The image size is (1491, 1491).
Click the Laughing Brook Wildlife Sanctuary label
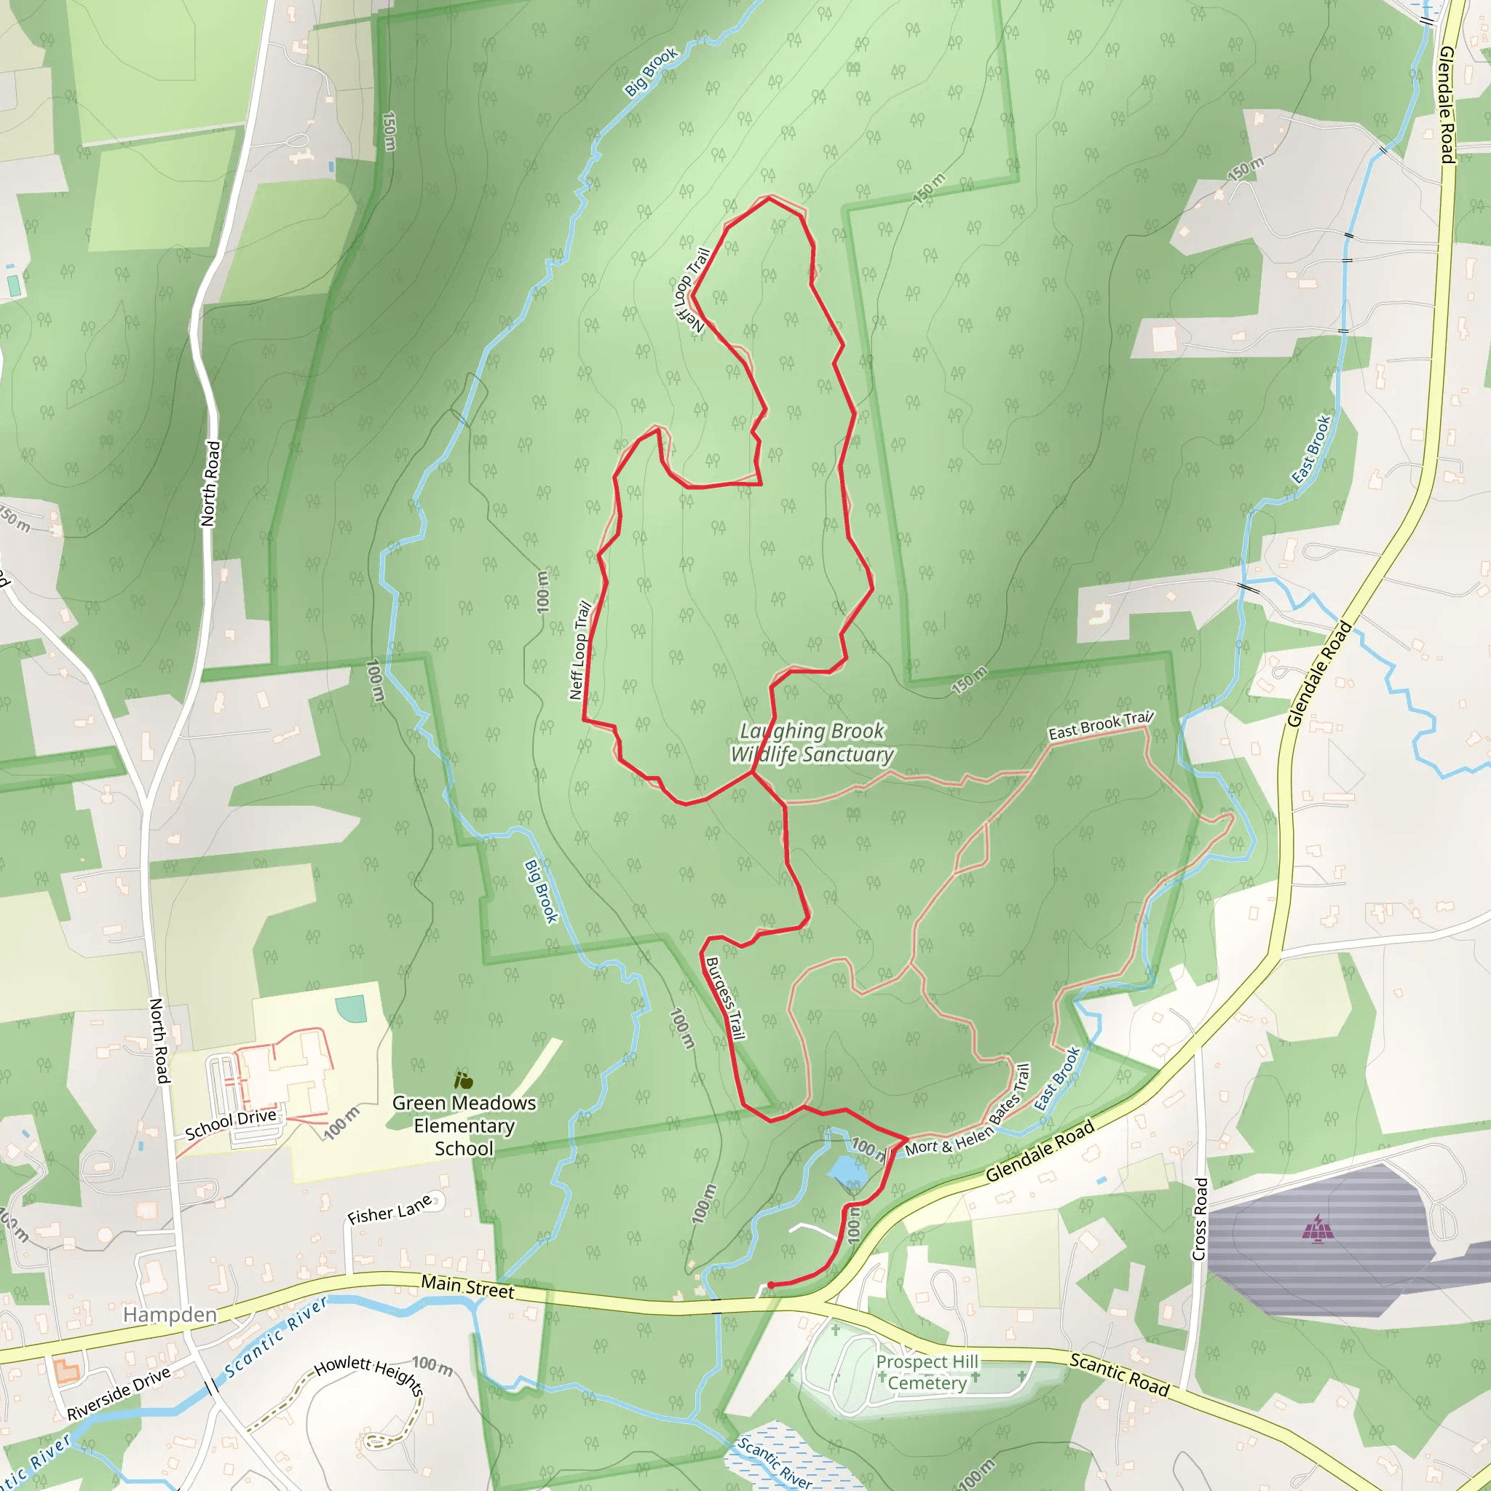click(x=812, y=743)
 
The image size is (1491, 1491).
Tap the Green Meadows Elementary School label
click(x=464, y=1126)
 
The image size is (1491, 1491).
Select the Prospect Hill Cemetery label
click(x=927, y=1372)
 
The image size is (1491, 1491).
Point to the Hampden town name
click(x=170, y=1314)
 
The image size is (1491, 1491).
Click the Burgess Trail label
click(x=725, y=999)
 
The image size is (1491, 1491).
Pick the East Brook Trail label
click(x=1101, y=724)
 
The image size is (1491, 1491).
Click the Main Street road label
click(x=467, y=1286)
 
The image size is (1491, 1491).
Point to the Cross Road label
click(x=1199, y=1219)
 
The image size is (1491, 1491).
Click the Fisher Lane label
click(x=389, y=1209)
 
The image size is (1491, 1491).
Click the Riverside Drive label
click(x=119, y=1393)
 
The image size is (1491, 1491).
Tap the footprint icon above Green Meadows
click(x=463, y=1080)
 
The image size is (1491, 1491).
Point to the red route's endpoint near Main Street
click(x=770, y=1285)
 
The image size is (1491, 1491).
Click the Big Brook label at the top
click(x=651, y=72)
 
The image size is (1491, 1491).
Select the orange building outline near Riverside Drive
click(x=66, y=1372)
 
